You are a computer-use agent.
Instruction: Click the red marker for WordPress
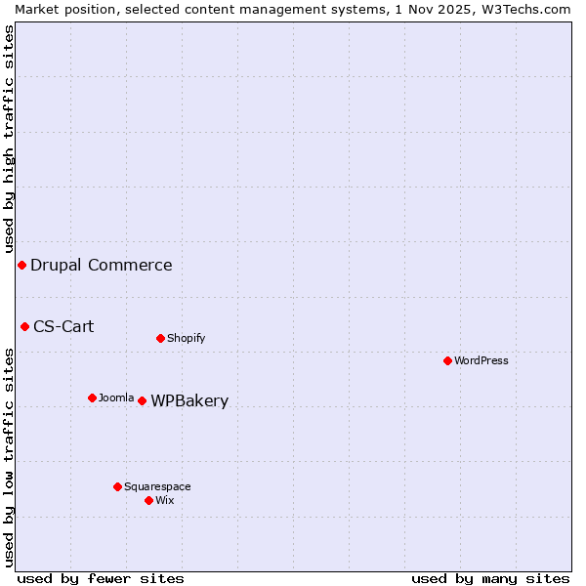(447, 360)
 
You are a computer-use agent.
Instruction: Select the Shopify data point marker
(160, 338)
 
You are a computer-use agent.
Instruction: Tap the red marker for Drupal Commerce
(21, 265)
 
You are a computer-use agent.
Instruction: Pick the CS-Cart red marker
(24, 326)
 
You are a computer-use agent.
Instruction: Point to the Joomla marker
(92, 398)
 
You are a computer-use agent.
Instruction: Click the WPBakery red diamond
(142, 400)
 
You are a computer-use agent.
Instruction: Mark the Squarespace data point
(117, 486)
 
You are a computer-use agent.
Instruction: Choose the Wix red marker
(148, 500)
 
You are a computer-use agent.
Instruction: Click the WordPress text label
(481, 360)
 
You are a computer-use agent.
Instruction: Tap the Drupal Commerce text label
(102, 265)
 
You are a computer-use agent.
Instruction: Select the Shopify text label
(186, 338)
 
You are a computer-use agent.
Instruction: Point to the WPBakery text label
(189, 400)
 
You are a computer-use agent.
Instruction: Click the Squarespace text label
(157, 486)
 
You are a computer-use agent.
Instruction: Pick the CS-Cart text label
(63, 326)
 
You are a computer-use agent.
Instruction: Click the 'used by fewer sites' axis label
(101, 578)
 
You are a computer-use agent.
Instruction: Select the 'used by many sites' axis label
(490, 578)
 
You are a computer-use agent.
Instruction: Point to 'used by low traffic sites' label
(9, 456)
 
